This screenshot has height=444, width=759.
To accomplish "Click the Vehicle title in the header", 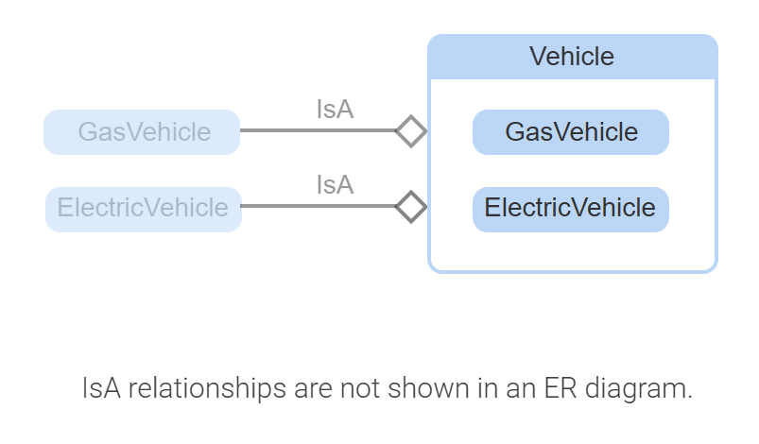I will (x=571, y=57).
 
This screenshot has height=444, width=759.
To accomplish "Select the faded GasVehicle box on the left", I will (x=142, y=132).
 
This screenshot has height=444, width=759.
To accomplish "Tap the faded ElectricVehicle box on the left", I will (x=143, y=208).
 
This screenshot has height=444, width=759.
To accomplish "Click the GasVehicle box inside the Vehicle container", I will (x=571, y=132).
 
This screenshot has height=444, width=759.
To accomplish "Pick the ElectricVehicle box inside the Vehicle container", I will (x=571, y=208).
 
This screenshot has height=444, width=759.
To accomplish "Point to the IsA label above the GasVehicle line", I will (x=335, y=110).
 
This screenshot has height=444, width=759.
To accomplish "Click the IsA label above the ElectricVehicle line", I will (x=335, y=185).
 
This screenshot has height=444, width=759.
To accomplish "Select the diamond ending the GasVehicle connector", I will (x=410, y=131).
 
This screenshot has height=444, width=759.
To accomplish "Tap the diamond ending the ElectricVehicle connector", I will (x=410, y=206).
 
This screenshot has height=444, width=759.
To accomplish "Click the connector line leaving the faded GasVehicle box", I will (x=317, y=131).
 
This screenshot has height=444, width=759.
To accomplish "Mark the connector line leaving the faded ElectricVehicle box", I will (x=317, y=206).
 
